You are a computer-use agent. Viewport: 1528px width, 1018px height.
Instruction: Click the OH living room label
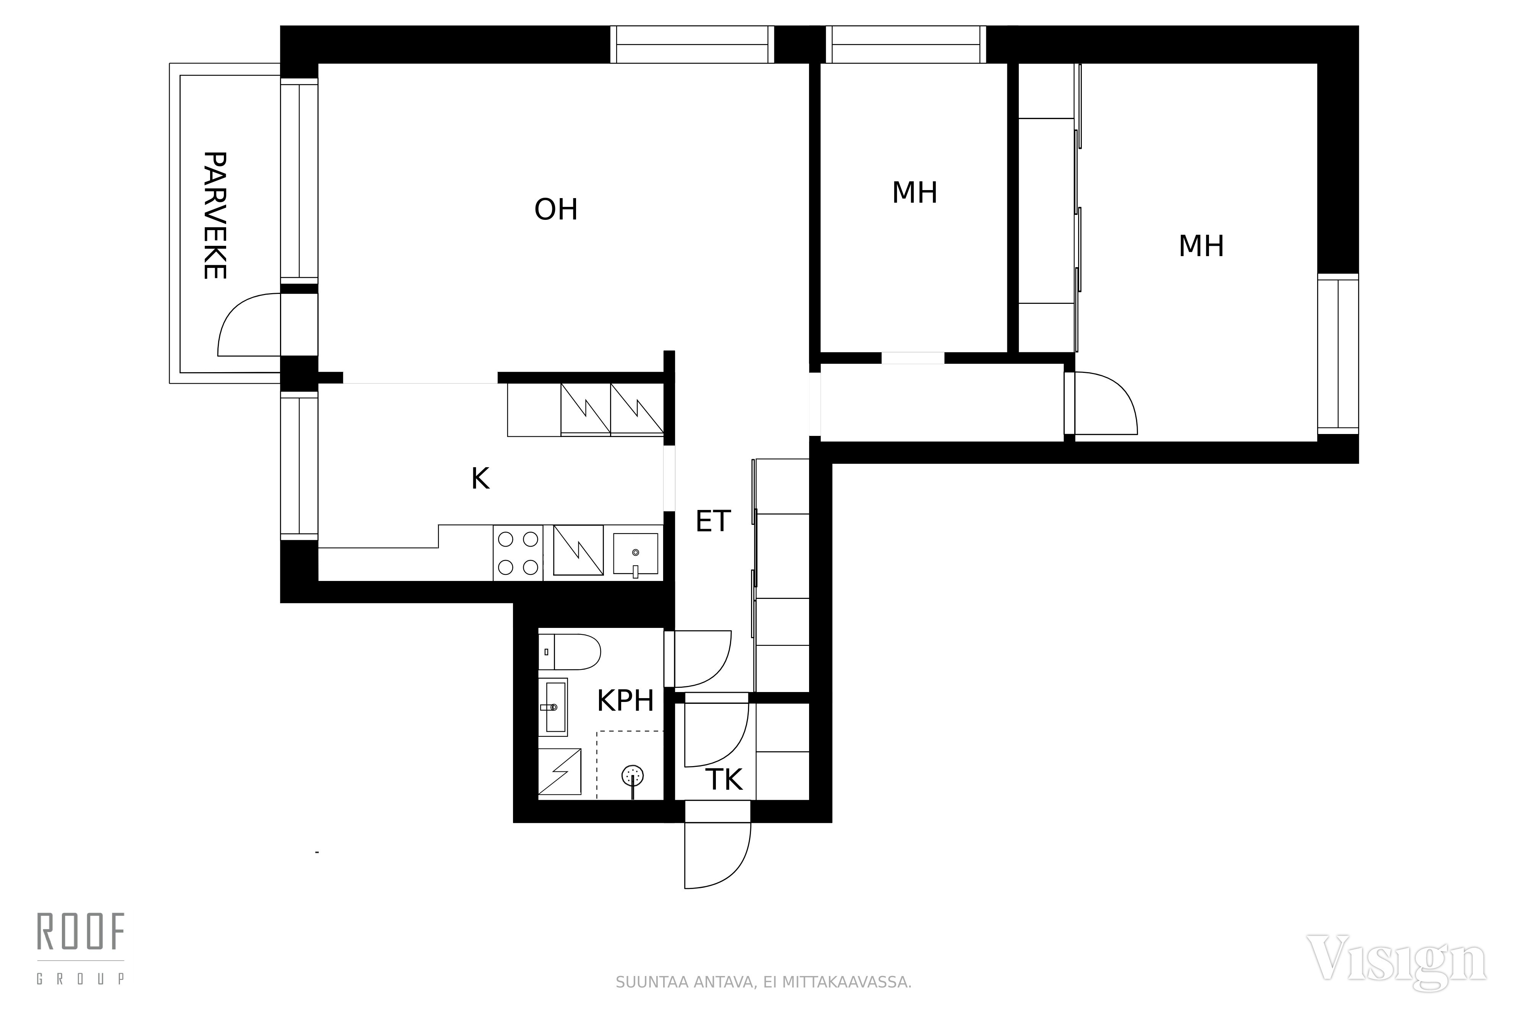(x=556, y=210)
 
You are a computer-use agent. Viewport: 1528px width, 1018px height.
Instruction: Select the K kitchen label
(x=480, y=479)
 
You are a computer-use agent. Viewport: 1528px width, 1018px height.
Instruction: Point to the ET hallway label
(x=713, y=521)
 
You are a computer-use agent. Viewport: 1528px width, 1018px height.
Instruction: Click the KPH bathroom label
(x=625, y=701)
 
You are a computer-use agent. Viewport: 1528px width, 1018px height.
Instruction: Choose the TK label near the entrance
(x=724, y=780)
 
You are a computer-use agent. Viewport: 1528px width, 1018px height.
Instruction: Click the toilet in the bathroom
(x=569, y=652)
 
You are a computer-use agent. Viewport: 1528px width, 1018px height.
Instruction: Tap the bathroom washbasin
(x=553, y=707)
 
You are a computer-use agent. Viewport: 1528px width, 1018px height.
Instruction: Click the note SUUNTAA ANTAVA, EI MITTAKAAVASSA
(x=763, y=982)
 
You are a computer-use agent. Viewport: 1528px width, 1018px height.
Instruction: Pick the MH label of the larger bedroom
(x=1201, y=246)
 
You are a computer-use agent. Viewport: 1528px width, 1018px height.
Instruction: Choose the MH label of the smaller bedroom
(x=915, y=193)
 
